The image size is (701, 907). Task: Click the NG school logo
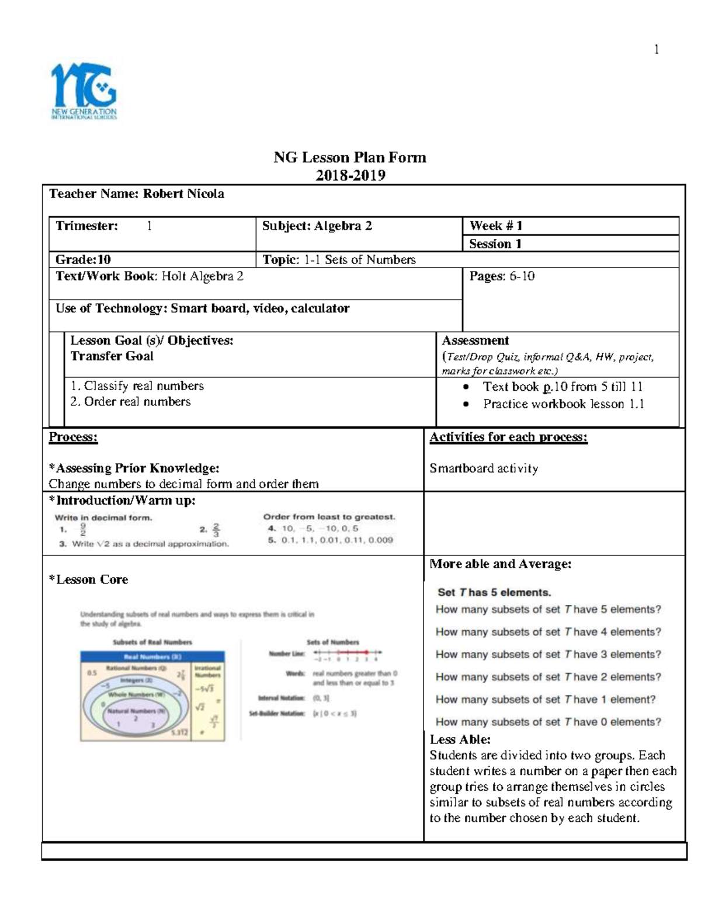pos(84,91)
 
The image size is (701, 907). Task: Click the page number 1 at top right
pos(657,50)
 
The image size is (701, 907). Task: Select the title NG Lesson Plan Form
pos(350,158)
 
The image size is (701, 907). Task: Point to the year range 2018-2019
pos(350,175)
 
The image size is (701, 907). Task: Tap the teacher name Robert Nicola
pos(183,194)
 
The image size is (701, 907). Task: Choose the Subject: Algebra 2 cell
pos(317,226)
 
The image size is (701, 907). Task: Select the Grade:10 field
pos(83,260)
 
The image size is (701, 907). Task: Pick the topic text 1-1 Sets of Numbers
pos(360,260)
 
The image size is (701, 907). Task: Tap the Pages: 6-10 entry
pos(502,276)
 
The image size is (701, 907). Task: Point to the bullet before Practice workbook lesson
pos(466,404)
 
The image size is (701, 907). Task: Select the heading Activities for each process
pos(508,437)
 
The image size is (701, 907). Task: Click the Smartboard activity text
pos(484,468)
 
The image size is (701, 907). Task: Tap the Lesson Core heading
pos(88,579)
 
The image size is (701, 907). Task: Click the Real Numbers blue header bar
pos(152,656)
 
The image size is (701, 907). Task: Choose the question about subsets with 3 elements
pos(548,655)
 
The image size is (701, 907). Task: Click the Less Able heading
pos(460,739)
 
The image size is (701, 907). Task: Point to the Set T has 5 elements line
pos(494,592)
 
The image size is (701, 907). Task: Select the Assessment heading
pos(475,340)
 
